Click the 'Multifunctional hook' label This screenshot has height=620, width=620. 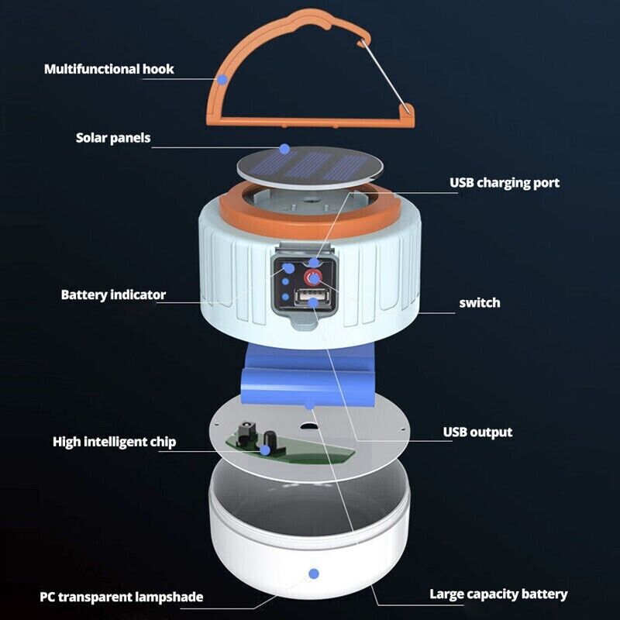[108, 69]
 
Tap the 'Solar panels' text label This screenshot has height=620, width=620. [113, 139]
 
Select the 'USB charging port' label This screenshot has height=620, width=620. [505, 183]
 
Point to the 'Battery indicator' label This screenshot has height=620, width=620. [113, 294]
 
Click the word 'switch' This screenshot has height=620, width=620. [479, 302]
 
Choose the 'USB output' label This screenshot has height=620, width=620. [477, 432]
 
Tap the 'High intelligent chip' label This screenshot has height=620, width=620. [114, 442]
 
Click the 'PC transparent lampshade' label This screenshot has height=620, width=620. [122, 597]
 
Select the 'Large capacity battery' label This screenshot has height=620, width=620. [498, 594]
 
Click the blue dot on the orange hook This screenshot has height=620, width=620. [222, 79]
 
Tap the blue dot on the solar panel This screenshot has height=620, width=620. [284, 147]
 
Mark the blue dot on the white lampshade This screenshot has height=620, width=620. [314, 574]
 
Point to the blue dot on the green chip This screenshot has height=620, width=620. [265, 449]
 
